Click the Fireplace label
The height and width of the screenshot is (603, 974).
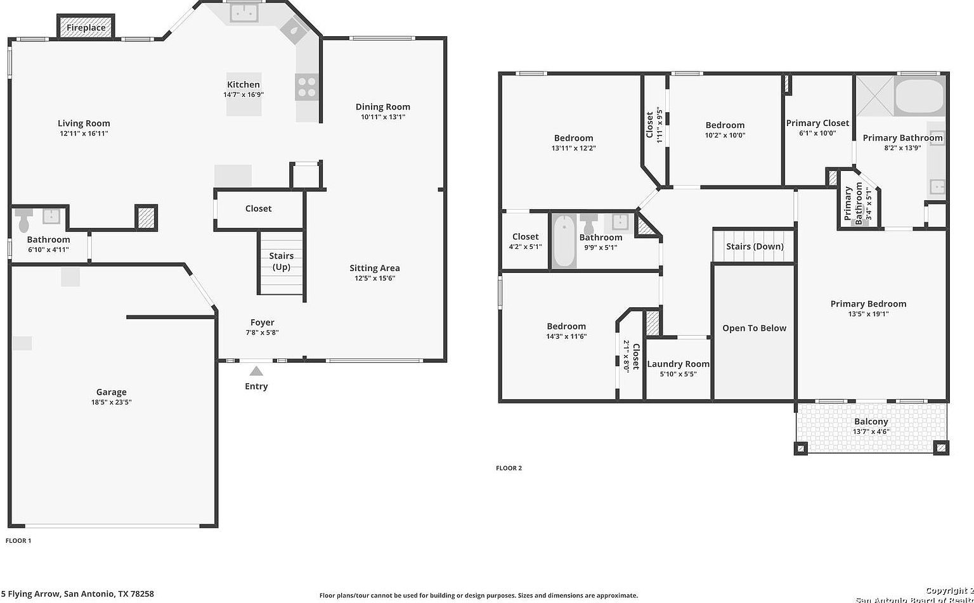click(86, 28)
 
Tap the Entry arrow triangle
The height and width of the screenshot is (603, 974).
click(256, 371)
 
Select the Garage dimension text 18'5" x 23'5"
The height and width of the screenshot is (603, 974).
click(111, 402)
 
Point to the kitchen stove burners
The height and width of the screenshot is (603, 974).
click(307, 87)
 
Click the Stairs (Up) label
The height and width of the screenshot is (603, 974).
click(281, 261)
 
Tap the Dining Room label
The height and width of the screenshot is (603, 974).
click(382, 107)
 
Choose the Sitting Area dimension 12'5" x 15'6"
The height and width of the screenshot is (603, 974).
click(374, 278)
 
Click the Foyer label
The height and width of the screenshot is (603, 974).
click(262, 322)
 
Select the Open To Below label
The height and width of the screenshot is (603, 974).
click(754, 328)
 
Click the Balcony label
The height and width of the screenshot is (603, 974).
click(871, 421)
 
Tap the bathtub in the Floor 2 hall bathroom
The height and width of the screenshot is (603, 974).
click(564, 241)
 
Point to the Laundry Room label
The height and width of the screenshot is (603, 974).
click(678, 364)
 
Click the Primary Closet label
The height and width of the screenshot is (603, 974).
click(817, 123)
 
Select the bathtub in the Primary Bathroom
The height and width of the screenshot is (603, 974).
click(919, 97)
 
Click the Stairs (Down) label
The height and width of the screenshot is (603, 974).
click(755, 246)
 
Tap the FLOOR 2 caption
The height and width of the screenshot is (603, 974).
click(509, 468)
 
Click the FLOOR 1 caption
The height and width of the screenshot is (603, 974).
click(18, 540)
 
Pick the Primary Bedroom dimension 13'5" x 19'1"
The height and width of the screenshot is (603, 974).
click(868, 314)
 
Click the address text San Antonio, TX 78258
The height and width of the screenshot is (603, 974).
click(108, 594)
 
